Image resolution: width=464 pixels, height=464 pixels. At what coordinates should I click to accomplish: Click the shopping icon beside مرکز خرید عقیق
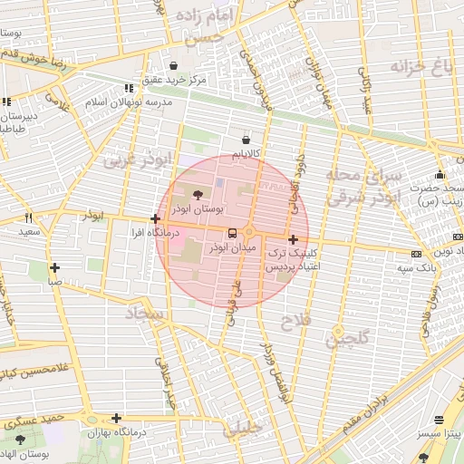pos(174,65)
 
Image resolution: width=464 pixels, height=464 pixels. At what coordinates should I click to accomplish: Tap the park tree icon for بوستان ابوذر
pos(199,193)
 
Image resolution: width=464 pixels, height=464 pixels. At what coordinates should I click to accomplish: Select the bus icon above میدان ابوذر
pos(233,232)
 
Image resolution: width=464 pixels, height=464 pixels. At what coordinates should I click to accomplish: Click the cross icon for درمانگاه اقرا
pos(156,218)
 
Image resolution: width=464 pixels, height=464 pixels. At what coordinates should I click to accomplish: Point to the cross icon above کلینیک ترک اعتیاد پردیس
pos(292,239)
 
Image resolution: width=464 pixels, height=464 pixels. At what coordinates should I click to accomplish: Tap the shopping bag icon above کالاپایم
pos(247,140)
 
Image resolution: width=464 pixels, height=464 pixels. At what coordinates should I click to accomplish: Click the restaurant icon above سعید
pos(29,217)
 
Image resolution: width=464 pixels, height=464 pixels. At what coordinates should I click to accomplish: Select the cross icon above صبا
pos(56,267)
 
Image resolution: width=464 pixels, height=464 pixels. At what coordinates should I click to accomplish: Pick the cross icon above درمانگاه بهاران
pos(116,418)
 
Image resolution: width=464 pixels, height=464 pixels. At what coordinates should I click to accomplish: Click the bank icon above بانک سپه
pos(416,254)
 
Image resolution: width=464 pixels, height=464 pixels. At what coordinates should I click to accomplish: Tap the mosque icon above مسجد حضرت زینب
pos(440,174)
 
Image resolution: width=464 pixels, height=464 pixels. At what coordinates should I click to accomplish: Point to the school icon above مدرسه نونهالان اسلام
pos(128,88)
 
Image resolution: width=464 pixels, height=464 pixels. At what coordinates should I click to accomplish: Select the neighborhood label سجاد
pos(148,315)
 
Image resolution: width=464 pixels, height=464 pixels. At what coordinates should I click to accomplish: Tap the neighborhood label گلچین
pos(349,339)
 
